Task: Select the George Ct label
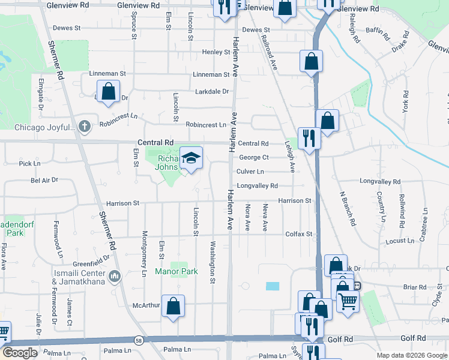254,157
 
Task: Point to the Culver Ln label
250,172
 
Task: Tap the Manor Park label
176,272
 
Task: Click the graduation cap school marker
191,158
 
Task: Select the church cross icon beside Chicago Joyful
85,127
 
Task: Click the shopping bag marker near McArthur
173,307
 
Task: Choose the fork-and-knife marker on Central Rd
309,138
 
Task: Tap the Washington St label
212,262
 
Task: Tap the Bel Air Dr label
44,179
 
